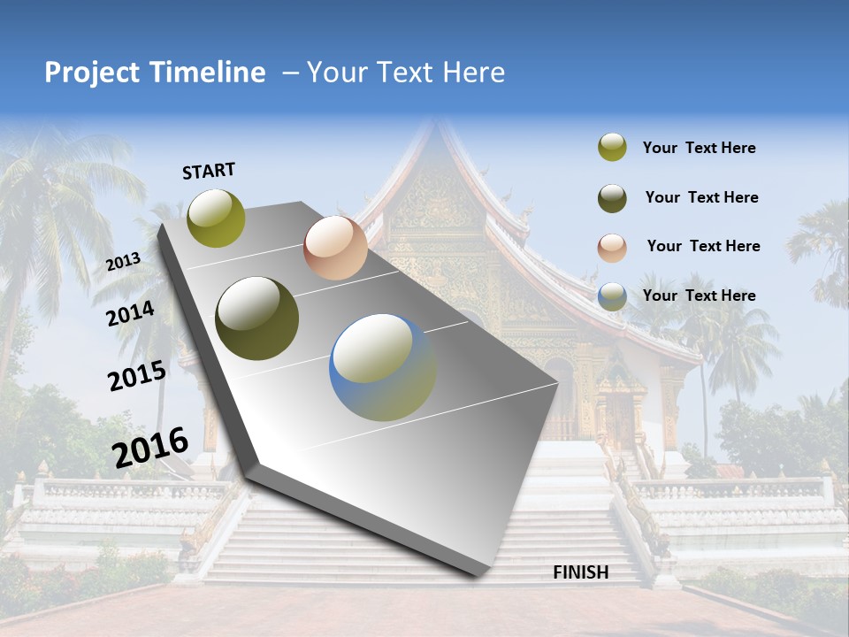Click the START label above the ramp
click(x=209, y=171)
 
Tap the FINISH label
click(x=581, y=572)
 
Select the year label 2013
click(x=123, y=261)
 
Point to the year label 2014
click(x=130, y=313)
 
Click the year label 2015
click(x=137, y=376)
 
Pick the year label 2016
click(x=150, y=447)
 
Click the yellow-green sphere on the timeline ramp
click(x=217, y=218)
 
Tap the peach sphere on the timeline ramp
click(x=335, y=248)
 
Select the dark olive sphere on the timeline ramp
click(x=257, y=318)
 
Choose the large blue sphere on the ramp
click(x=383, y=367)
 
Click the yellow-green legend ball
click(x=612, y=147)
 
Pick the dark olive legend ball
click(x=612, y=198)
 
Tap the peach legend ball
click(x=612, y=248)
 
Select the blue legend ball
click(x=612, y=296)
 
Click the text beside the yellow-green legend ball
click(x=699, y=148)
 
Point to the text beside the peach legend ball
click(x=703, y=246)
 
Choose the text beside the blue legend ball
click(x=699, y=295)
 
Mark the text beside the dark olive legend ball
click(x=701, y=197)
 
